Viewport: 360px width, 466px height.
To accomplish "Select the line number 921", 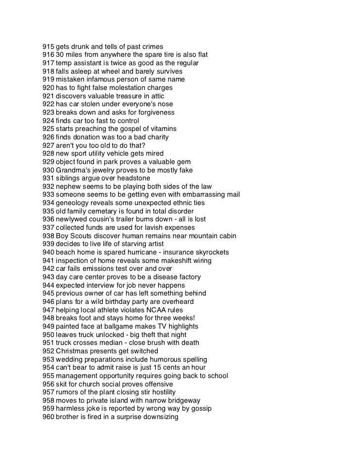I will [x=48, y=96].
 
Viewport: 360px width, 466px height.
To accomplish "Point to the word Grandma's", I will [x=73, y=170].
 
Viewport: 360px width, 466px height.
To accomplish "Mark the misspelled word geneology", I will [x=73, y=203].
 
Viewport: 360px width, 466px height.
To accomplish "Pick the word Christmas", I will [x=72, y=351].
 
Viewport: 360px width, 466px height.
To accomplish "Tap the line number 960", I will [x=48, y=417].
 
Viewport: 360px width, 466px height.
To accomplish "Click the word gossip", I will [x=200, y=409].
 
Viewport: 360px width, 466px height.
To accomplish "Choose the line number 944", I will [x=48, y=285].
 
